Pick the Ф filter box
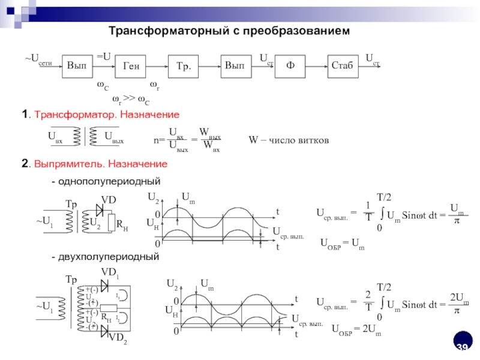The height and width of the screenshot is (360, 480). click(290, 66)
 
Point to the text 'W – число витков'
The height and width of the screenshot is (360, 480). click(289, 140)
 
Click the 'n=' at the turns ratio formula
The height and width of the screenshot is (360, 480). click(159, 141)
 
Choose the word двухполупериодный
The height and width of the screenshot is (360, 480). click(109, 257)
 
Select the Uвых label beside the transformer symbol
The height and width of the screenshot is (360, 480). click(114, 139)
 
